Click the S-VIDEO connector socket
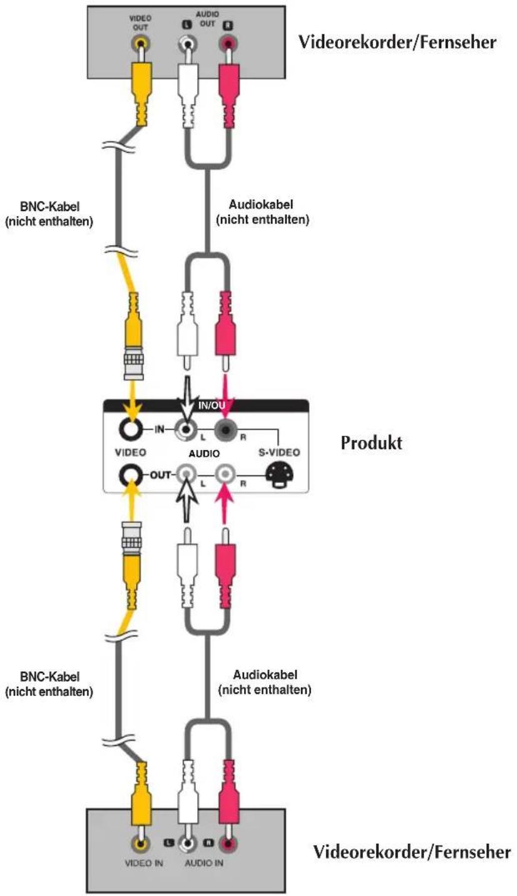280,475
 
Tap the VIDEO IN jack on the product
130,429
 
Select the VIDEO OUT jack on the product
130,475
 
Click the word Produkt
371,443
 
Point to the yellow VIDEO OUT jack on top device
141,43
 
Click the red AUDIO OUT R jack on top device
227,43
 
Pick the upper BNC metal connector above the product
133,363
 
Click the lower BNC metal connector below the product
132,538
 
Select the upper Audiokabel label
262,212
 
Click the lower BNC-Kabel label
49,684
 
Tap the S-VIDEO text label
279,453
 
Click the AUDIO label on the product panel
204,453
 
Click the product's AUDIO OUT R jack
225,475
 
